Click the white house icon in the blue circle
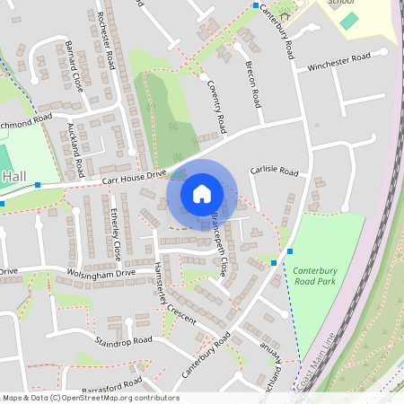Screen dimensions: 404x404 pyautogui.click(x=201, y=193)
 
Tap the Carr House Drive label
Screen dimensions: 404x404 pyautogui.click(x=134, y=180)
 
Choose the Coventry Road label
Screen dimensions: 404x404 pyautogui.click(x=215, y=101)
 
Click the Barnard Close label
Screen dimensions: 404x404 pyautogui.click(x=75, y=67)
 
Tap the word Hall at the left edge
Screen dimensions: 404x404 pyautogui.click(x=14, y=177)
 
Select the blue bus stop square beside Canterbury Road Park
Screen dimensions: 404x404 pyautogui.click(x=274, y=262)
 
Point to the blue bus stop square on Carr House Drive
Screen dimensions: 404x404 pyautogui.click(x=38, y=184)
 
